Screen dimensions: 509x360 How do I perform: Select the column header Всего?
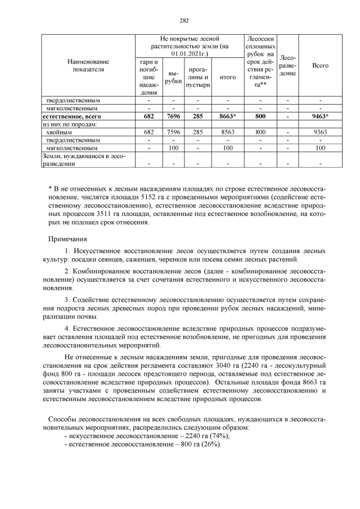coord(320,66)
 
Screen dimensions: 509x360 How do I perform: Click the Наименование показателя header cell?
coord(88,65)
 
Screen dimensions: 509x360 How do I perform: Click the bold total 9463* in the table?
coord(320,116)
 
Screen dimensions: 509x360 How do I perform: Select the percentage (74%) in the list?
coord(219,436)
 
